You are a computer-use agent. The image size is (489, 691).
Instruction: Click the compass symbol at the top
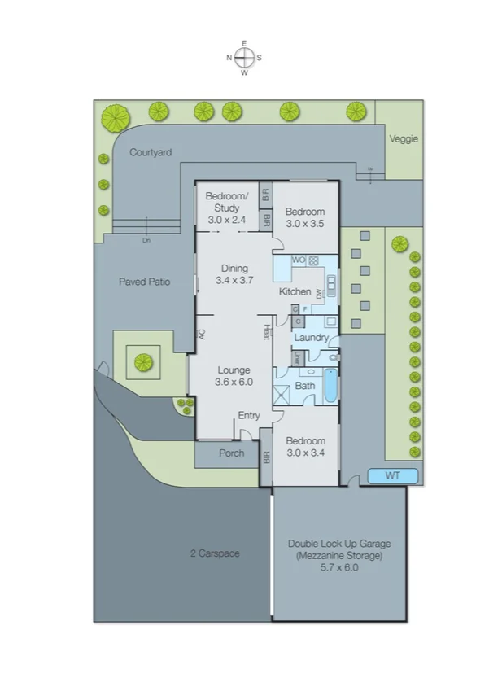pyautogui.click(x=244, y=58)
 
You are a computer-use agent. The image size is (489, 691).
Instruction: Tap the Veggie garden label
pyautogui.click(x=404, y=139)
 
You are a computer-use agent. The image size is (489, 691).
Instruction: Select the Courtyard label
pyautogui.click(x=151, y=152)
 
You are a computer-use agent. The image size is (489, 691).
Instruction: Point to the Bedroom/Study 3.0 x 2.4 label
pyautogui.click(x=225, y=208)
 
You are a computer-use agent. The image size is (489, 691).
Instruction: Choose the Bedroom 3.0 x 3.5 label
pyautogui.click(x=304, y=216)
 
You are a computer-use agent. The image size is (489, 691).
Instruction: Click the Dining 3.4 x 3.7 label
pyautogui.click(x=235, y=274)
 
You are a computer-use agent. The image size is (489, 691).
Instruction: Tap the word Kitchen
pyautogui.click(x=295, y=291)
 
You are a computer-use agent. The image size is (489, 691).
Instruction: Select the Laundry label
pyautogui.click(x=311, y=338)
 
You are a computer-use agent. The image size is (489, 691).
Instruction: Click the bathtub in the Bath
pyautogui.click(x=331, y=386)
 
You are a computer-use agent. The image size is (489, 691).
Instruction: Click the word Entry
pyautogui.click(x=249, y=416)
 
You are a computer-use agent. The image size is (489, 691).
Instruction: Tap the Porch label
pyautogui.click(x=232, y=453)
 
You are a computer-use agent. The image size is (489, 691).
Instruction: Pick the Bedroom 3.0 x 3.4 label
pyautogui.click(x=304, y=446)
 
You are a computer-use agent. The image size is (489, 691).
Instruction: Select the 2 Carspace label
pyautogui.click(x=215, y=553)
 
